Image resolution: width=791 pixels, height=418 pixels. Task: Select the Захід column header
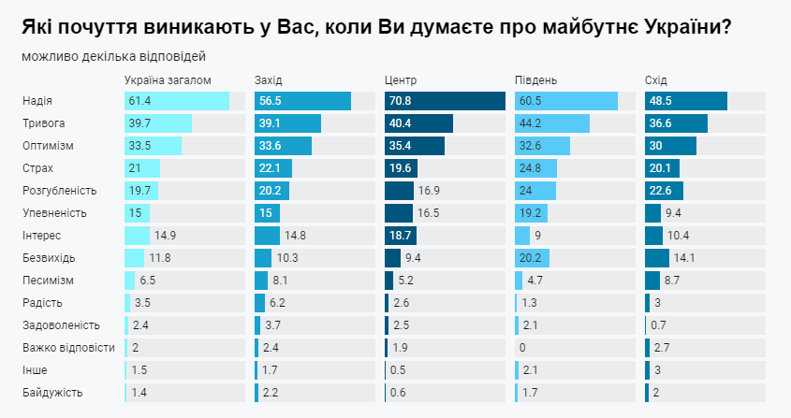click(269, 79)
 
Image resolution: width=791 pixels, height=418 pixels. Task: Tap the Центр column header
click(401, 79)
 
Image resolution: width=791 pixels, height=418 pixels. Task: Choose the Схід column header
click(656, 79)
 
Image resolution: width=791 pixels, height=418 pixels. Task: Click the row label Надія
click(37, 101)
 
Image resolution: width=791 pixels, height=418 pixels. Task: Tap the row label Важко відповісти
click(68, 348)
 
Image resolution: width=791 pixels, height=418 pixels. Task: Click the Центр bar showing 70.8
click(445, 101)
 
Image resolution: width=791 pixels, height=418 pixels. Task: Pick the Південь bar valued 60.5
click(566, 101)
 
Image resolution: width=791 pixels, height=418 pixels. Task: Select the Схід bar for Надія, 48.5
click(685, 101)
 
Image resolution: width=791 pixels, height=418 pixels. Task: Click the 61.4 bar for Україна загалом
click(177, 101)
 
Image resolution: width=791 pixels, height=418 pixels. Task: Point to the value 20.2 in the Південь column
click(531, 258)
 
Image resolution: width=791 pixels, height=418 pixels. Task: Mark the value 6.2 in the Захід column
click(277, 303)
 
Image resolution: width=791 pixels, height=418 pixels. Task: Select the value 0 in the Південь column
click(522, 348)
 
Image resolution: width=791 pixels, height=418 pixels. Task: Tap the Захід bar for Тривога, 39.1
click(287, 123)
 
